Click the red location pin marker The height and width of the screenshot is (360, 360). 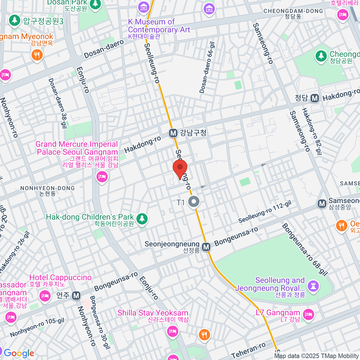pyautogui.click(x=180, y=169)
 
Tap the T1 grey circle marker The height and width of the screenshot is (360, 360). pyautogui.click(x=194, y=202)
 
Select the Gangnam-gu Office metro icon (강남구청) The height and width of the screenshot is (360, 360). pyautogui.click(x=173, y=133)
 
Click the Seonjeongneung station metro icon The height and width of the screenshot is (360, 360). pyautogui.click(x=206, y=247)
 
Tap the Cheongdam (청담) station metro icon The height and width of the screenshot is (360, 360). pyautogui.click(x=315, y=98)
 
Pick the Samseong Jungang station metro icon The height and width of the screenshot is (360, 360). pyautogui.click(x=322, y=204)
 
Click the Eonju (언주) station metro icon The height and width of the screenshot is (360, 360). pyautogui.click(x=76, y=295)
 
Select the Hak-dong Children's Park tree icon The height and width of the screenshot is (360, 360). pyautogui.click(x=142, y=219)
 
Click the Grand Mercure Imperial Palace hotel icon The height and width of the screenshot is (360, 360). pyautogui.click(x=102, y=176)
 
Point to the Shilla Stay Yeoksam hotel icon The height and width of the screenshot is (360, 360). pyautogui.click(x=172, y=331)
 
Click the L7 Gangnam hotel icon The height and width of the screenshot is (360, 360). pyautogui.click(x=308, y=315)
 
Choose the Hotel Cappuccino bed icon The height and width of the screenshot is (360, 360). pyautogui.click(x=45, y=296)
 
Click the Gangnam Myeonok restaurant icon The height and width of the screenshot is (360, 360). pyautogui.click(x=37, y=55)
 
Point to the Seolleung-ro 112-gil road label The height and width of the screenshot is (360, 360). pyautogui.click(x=265, y=212)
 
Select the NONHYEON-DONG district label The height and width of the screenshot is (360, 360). pyautogui.click(x=47, y=190)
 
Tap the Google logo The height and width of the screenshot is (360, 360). pyautogui.click(x=19, y=353)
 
